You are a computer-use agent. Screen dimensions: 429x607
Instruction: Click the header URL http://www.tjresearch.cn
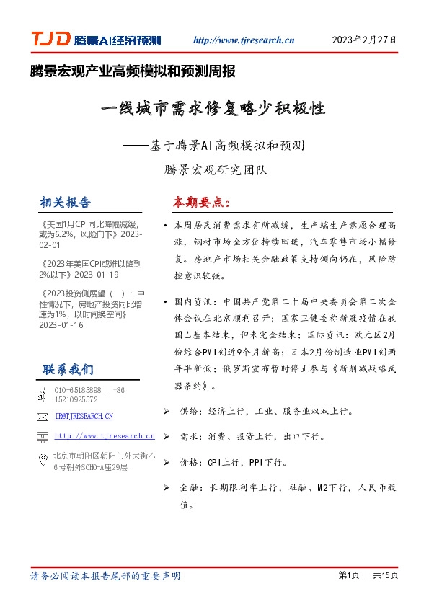pyautogui.click(x=244, y=41)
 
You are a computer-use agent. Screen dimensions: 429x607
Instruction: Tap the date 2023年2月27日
pyautogui.click(x=364, y=40)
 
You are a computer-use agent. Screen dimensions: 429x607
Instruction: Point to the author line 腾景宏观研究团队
pyautogui.click(x=216, y=171)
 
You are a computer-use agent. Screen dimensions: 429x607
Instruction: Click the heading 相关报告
pyautogui.click(x=66, y=202)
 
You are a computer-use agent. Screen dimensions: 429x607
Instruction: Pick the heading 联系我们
pyautogui.click(x=68, y=370)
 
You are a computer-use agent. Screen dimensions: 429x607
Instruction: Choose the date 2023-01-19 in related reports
pyautogui.click(x=97, y=275)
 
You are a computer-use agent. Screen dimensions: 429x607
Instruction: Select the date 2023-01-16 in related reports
pyautogui.click(x=63, y=325)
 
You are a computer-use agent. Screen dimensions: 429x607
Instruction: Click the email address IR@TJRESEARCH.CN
pyautogui.click(x=84, y=417)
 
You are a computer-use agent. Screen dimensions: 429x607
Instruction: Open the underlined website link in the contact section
pyautogui.click(x=105, y=436)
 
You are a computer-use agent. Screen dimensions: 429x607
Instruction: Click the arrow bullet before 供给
pyautogui.click(x=167, y=412)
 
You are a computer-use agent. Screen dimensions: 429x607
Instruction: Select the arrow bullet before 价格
pyautogui.click(x=167, y=462)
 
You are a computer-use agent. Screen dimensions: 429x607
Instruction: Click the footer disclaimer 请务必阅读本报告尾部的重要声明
pyautogui.click(x=105, y=576)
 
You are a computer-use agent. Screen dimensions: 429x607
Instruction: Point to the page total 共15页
pyautogui.click(x=385, y=575)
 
